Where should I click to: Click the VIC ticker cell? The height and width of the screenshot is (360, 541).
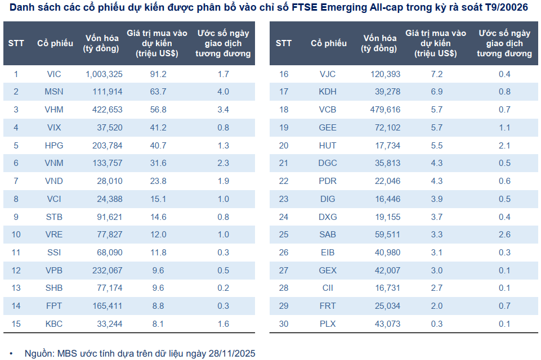[55, 74]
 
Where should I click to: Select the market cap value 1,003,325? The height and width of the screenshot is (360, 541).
[104, 74]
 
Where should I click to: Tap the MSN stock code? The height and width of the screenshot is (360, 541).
[55, 92]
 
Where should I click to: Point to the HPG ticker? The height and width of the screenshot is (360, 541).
[55, 145]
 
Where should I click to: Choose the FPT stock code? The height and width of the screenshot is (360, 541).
[55, 306]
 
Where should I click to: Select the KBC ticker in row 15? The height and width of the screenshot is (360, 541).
[55, 324]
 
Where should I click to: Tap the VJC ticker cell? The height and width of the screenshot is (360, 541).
[328, 74]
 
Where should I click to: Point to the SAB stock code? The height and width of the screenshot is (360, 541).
[328, 235]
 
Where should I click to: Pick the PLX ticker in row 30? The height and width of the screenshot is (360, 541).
[328, 324]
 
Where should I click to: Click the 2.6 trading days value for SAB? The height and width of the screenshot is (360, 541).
[504, 235]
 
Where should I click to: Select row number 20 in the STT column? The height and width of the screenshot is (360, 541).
[284, 145]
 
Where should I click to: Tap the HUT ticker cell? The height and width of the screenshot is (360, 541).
[328, 145]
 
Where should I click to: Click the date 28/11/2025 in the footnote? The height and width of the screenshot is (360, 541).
[231, 354]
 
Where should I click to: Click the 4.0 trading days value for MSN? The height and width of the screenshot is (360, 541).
[223, 92]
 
